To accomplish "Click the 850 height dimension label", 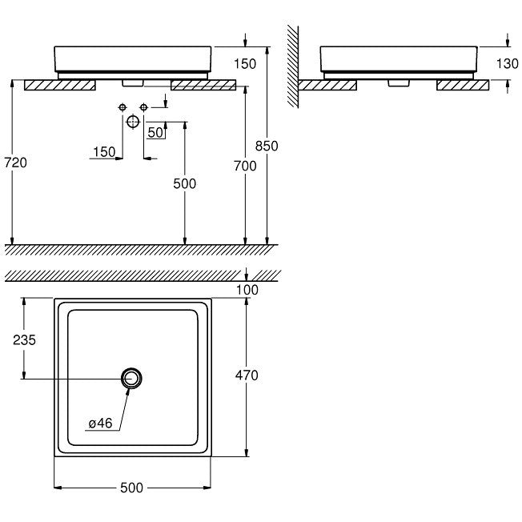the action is (267, 146).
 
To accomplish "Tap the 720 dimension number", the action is (16, 163).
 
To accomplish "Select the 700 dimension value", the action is (245, 166).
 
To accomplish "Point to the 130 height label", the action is (507, 63).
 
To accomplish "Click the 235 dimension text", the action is (24, 340).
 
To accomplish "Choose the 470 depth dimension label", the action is (247, 375).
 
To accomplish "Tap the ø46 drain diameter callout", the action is (101, 424).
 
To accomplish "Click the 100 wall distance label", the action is (247, 290).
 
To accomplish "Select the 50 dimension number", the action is (155, 132).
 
